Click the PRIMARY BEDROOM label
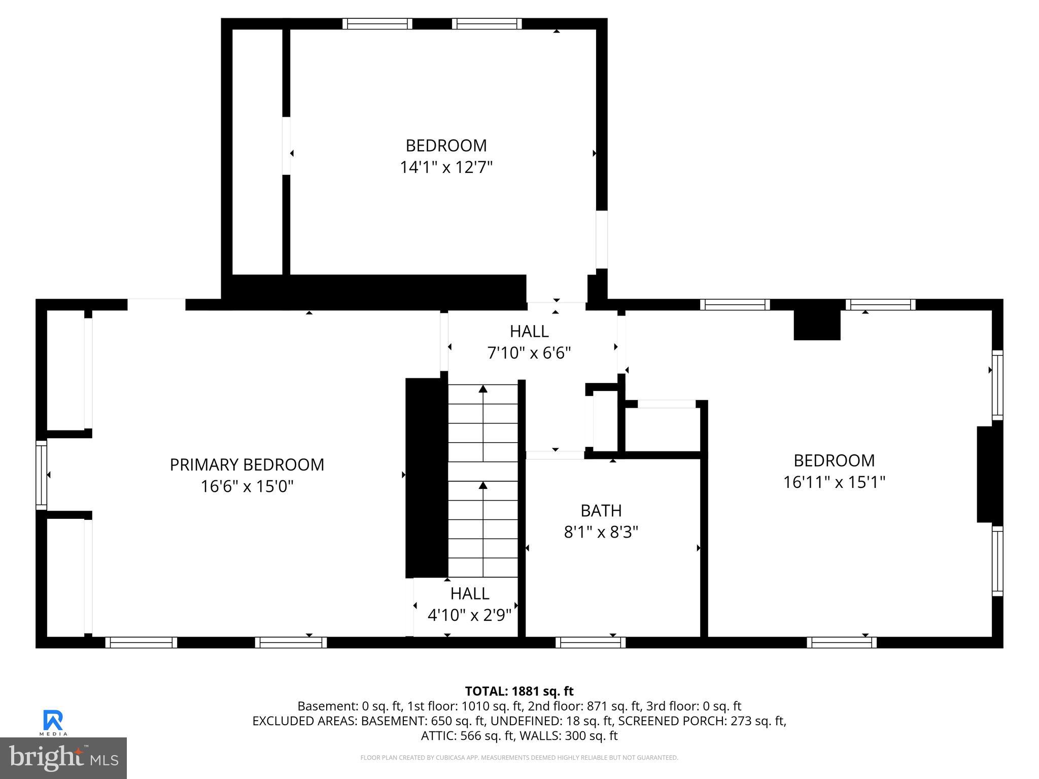(247, 465)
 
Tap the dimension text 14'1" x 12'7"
(446, 167)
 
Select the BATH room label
(601, 510)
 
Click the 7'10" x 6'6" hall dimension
(529, 353)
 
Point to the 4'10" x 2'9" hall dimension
(469, 615)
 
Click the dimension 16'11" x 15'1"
(834, 482)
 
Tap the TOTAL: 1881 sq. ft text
(519, 691)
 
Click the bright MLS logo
(63, 758)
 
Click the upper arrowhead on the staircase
(483, 389)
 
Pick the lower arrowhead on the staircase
(483, 485)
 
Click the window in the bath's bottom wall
(591, 643)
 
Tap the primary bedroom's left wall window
(42, 475)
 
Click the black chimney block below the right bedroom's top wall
(817, 325)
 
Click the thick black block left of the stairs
(426, 477)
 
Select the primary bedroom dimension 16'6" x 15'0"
(247, 486)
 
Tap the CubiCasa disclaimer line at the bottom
(519, 758)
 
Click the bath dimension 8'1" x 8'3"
(601, 532)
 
